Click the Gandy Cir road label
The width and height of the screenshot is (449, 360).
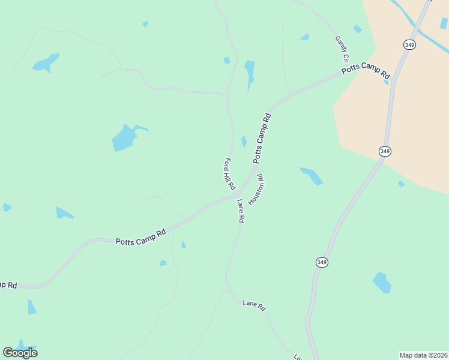(342, 49)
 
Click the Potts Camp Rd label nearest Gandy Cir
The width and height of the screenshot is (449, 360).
(366, 71)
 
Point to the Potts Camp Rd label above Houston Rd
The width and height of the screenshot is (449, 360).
(263, 137)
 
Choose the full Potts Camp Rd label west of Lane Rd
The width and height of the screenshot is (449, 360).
(140, 237)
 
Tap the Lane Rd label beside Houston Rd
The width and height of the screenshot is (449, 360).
(240, 211)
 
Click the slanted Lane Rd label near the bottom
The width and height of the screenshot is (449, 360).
(254, 305)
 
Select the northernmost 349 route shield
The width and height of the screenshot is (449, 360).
(409, 44)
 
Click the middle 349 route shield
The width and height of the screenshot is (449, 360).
(385, 151)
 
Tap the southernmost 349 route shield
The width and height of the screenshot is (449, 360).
(322, 262)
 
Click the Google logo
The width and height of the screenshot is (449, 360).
(20, 352)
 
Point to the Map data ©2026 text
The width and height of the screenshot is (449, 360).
(423, 355)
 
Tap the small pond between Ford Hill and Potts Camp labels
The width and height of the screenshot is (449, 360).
(244, 142)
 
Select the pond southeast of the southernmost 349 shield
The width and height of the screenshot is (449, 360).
(382, 283)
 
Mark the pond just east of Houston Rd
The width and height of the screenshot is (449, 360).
(312, 175)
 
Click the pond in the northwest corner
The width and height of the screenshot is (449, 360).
(46, 63)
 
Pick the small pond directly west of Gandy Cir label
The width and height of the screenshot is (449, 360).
(305, 37)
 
